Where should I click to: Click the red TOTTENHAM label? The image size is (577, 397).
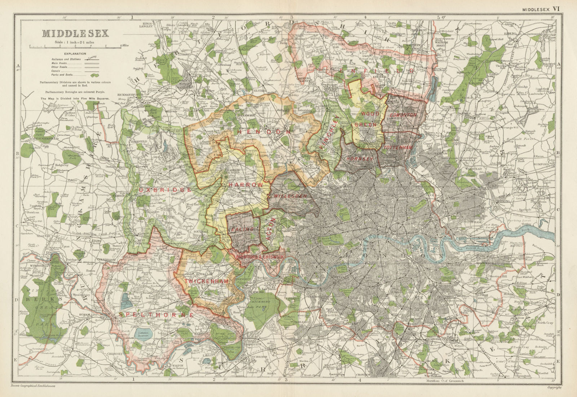396,148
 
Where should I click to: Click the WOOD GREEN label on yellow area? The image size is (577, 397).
368,119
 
